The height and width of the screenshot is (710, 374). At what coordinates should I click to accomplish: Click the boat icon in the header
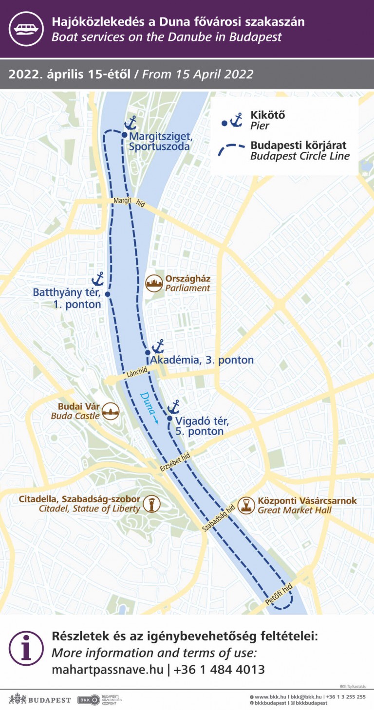[26, 29]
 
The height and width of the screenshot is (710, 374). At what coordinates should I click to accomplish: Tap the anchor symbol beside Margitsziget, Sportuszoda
[131, 123]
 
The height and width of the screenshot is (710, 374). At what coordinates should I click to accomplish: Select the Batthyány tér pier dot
[108, 294]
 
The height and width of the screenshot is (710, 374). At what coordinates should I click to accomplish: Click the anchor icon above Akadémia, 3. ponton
[158, 346]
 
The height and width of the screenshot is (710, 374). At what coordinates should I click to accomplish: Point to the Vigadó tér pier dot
[169, 418]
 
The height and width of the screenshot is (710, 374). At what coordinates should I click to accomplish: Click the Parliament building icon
[154, 283]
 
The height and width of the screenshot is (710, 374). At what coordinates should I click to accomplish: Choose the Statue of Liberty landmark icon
[152, 504]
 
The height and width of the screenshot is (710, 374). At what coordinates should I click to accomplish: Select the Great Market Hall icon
[246, 505]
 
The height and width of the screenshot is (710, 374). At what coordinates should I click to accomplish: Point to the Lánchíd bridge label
[137, 373]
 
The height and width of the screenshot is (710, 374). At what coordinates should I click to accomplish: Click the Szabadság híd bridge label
[219, 518]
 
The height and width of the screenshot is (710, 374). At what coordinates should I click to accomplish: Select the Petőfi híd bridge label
[279, 595]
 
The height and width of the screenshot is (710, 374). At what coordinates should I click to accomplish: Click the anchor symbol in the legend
[236, 120]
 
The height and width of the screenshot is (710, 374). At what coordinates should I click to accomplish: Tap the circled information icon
[26, 648]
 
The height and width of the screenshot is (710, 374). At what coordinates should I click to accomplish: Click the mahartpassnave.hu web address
[107, 670]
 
